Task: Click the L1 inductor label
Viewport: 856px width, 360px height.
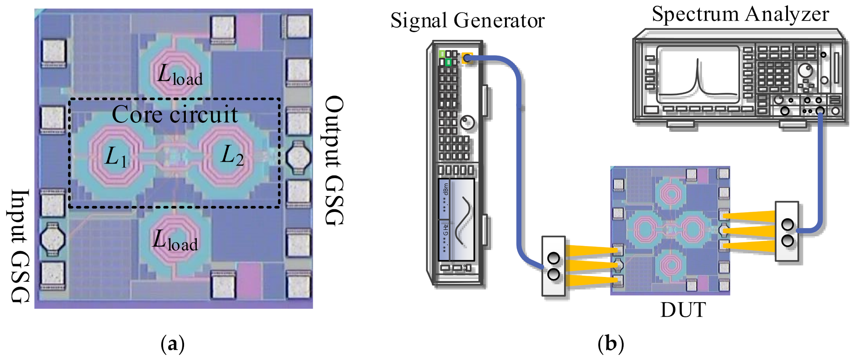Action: pos(116,157)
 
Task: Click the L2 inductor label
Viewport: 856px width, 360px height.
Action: pos(232,156)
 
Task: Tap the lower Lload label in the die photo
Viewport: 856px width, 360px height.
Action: pos(175,241)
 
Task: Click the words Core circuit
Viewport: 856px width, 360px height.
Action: pos(175,114)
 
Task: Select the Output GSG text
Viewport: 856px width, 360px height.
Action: pos(334,161)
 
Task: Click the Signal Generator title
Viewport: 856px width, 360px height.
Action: pos(467,20)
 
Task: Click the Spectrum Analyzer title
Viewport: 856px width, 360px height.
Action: pos(740,14)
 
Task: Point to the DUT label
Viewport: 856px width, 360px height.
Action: pos(683,310)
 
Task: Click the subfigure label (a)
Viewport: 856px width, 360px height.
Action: pos(172,344)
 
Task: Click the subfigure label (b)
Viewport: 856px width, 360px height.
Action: pos(611,344)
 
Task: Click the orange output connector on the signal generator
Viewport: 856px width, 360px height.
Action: pos(467,58)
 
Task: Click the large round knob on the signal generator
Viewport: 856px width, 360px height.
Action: pos(467,123)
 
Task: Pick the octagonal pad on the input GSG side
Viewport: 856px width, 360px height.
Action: pos(53,238)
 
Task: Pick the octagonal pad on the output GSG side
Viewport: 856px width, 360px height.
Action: pos(298,158)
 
